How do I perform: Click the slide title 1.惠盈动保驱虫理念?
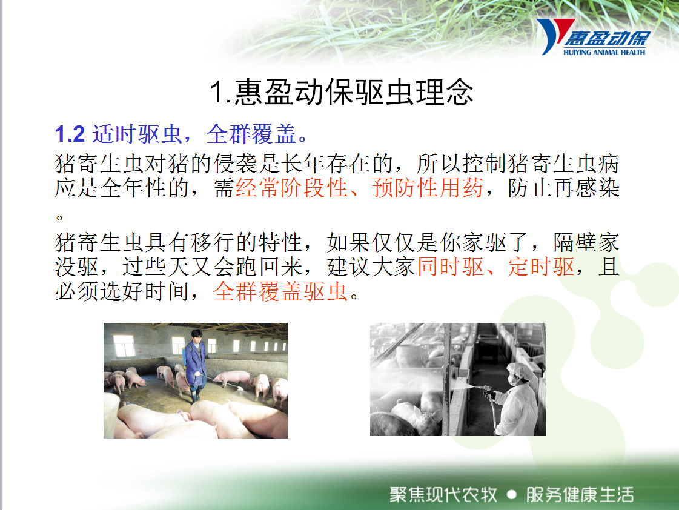coord(342,92)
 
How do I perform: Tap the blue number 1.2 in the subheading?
coord(70,134)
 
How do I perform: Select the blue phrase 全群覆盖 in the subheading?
coord(251,134)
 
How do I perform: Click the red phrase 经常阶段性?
coord(292,188)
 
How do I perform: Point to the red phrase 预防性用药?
coord(428,188)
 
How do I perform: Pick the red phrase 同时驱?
coord(451,267)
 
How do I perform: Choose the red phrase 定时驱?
coord(542,267)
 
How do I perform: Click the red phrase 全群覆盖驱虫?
coord(280,291)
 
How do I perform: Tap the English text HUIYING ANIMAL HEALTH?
coord(604,52)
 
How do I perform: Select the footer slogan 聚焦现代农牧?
coord(443,495)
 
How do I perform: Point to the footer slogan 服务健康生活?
coord(580,495)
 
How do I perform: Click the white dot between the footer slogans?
coord(511,494)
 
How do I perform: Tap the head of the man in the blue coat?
coord(197,336)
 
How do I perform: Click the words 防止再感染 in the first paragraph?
coord(563,188)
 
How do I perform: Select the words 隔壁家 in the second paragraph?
coord(586,242)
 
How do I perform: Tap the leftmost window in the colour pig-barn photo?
coord(124,345)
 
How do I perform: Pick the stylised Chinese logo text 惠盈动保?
coord(607,39)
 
